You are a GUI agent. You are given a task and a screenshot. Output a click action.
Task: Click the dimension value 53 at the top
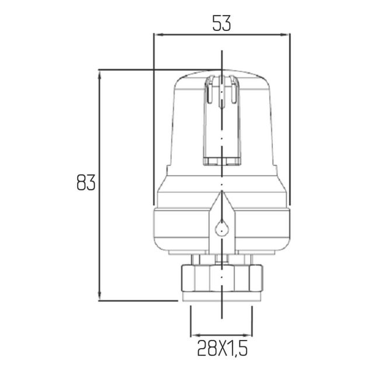221,23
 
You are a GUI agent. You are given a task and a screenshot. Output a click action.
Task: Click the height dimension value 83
86,182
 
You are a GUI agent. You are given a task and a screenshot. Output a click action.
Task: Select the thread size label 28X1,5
222,348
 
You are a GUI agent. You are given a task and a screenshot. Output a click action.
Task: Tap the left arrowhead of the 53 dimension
160,34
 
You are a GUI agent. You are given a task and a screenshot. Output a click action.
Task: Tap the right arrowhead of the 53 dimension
284,34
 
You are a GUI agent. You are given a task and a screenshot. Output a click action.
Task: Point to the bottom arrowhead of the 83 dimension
99,296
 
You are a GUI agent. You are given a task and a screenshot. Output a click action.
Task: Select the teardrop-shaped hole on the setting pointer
221,228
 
